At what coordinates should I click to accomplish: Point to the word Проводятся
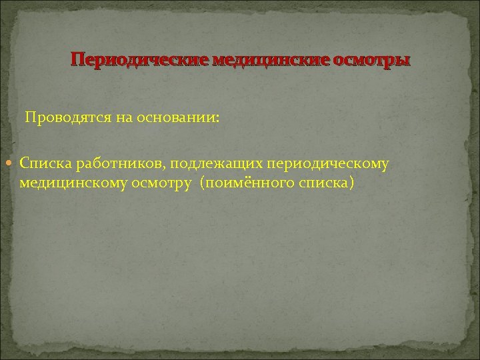click(61, 119)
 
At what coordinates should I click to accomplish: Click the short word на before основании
click(110, 119)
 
